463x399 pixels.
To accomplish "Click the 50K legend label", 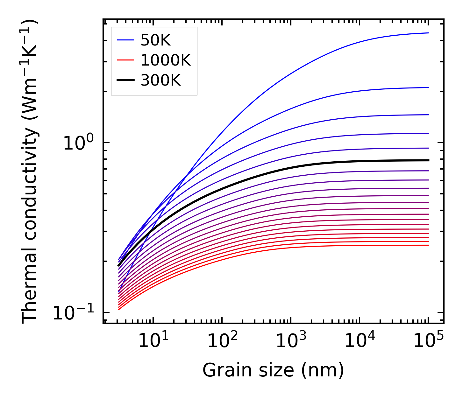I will pyautogui.click(x=155, y=40).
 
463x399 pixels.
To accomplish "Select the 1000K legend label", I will pyautogui.click(x=165, y=60).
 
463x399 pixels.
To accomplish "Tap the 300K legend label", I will pyautogui.click(x=160, y=80).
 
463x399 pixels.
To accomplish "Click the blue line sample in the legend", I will pyautogui.click(x=126, y=40).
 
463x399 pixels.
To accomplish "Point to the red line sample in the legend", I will pyautogui.click(x=126, y=60).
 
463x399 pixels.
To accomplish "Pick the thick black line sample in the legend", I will pyautogui.click(x=126, y=80).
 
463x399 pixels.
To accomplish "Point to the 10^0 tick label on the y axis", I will pyautogui.click(x=78, y=143).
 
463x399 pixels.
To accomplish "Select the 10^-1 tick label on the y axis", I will pyautogui.click(x=74, y=313).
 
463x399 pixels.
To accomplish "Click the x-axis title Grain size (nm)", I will pyautogui.click(x=273, y=371).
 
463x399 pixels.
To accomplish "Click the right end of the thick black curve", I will pyautogui.click(x=428, y=160).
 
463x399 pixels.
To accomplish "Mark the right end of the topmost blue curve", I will pyautogui.click(x=428, y=33).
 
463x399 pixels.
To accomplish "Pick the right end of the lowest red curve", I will pyautogui.click(x=428, y=245).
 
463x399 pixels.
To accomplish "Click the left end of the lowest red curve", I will pyautogui.click(x=119, y=309).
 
